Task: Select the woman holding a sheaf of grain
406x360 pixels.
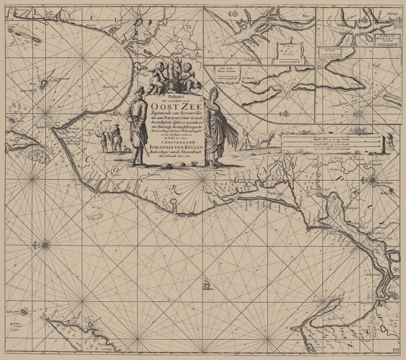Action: (x=212, y=128)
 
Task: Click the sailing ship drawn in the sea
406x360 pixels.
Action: (x=207, y=285)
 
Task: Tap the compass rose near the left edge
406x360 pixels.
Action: (x=45, y=245)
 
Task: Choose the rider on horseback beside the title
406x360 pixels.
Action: (x=116, y=138)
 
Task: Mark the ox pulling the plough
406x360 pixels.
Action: (x=266, y=139)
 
